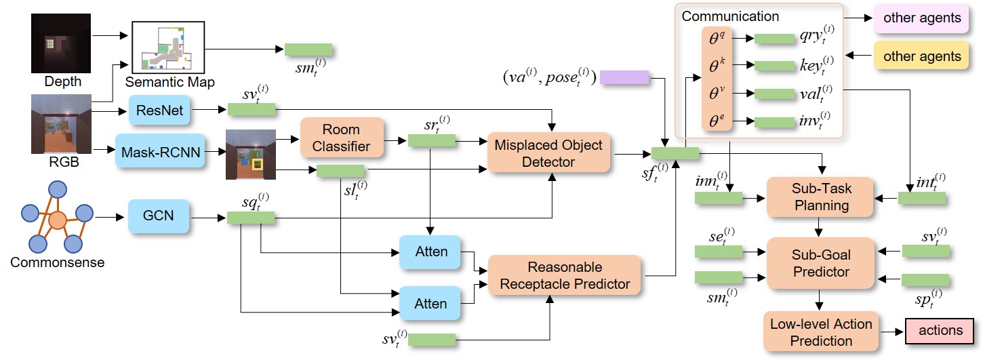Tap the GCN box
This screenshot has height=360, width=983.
pos(159,216)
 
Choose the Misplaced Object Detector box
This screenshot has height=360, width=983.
pos(549,153)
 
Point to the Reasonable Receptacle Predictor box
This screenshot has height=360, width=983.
pos(565,275)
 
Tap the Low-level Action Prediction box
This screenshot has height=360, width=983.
pos(821,332)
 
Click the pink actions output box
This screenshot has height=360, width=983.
pos(940,331)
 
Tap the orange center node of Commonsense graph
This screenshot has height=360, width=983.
pos(58,220)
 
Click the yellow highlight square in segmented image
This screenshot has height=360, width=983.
pos(257,164)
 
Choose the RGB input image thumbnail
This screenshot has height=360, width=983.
pos(62,124)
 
